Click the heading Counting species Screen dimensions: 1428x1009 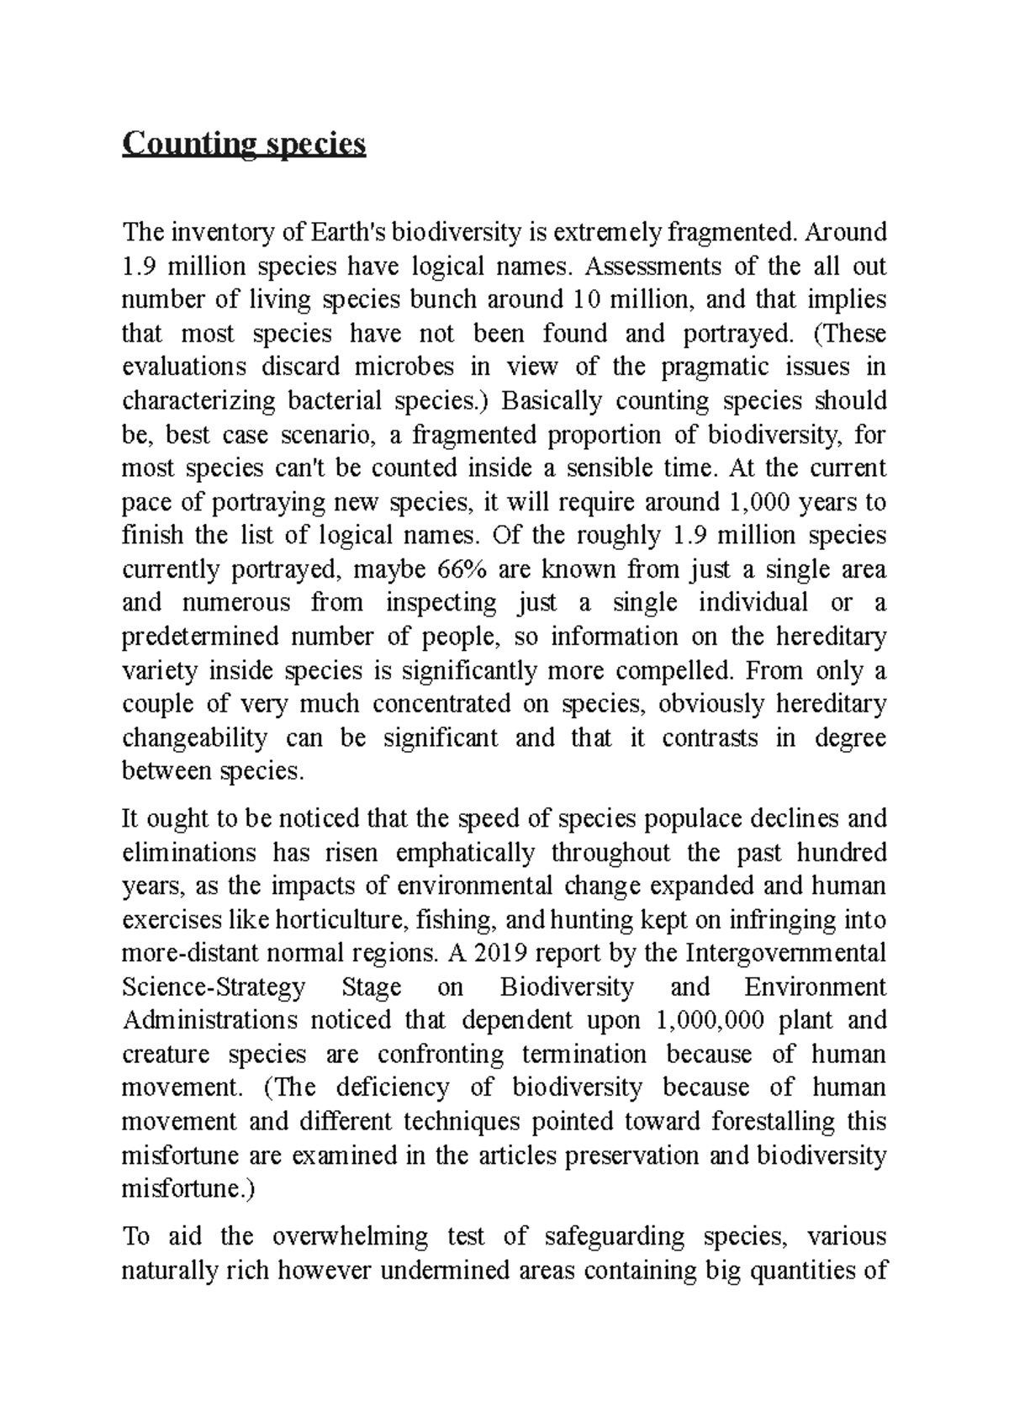(x=244, y=145)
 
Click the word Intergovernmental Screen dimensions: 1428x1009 (x=786, y=953)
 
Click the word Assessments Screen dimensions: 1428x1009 (x=645, y=266)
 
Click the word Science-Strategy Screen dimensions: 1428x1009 (x=214, y=986)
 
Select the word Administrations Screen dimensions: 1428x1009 (x=209, y=1020)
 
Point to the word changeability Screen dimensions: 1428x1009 (x=195, y=738)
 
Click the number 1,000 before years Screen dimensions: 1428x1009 (x=746, y=502)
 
